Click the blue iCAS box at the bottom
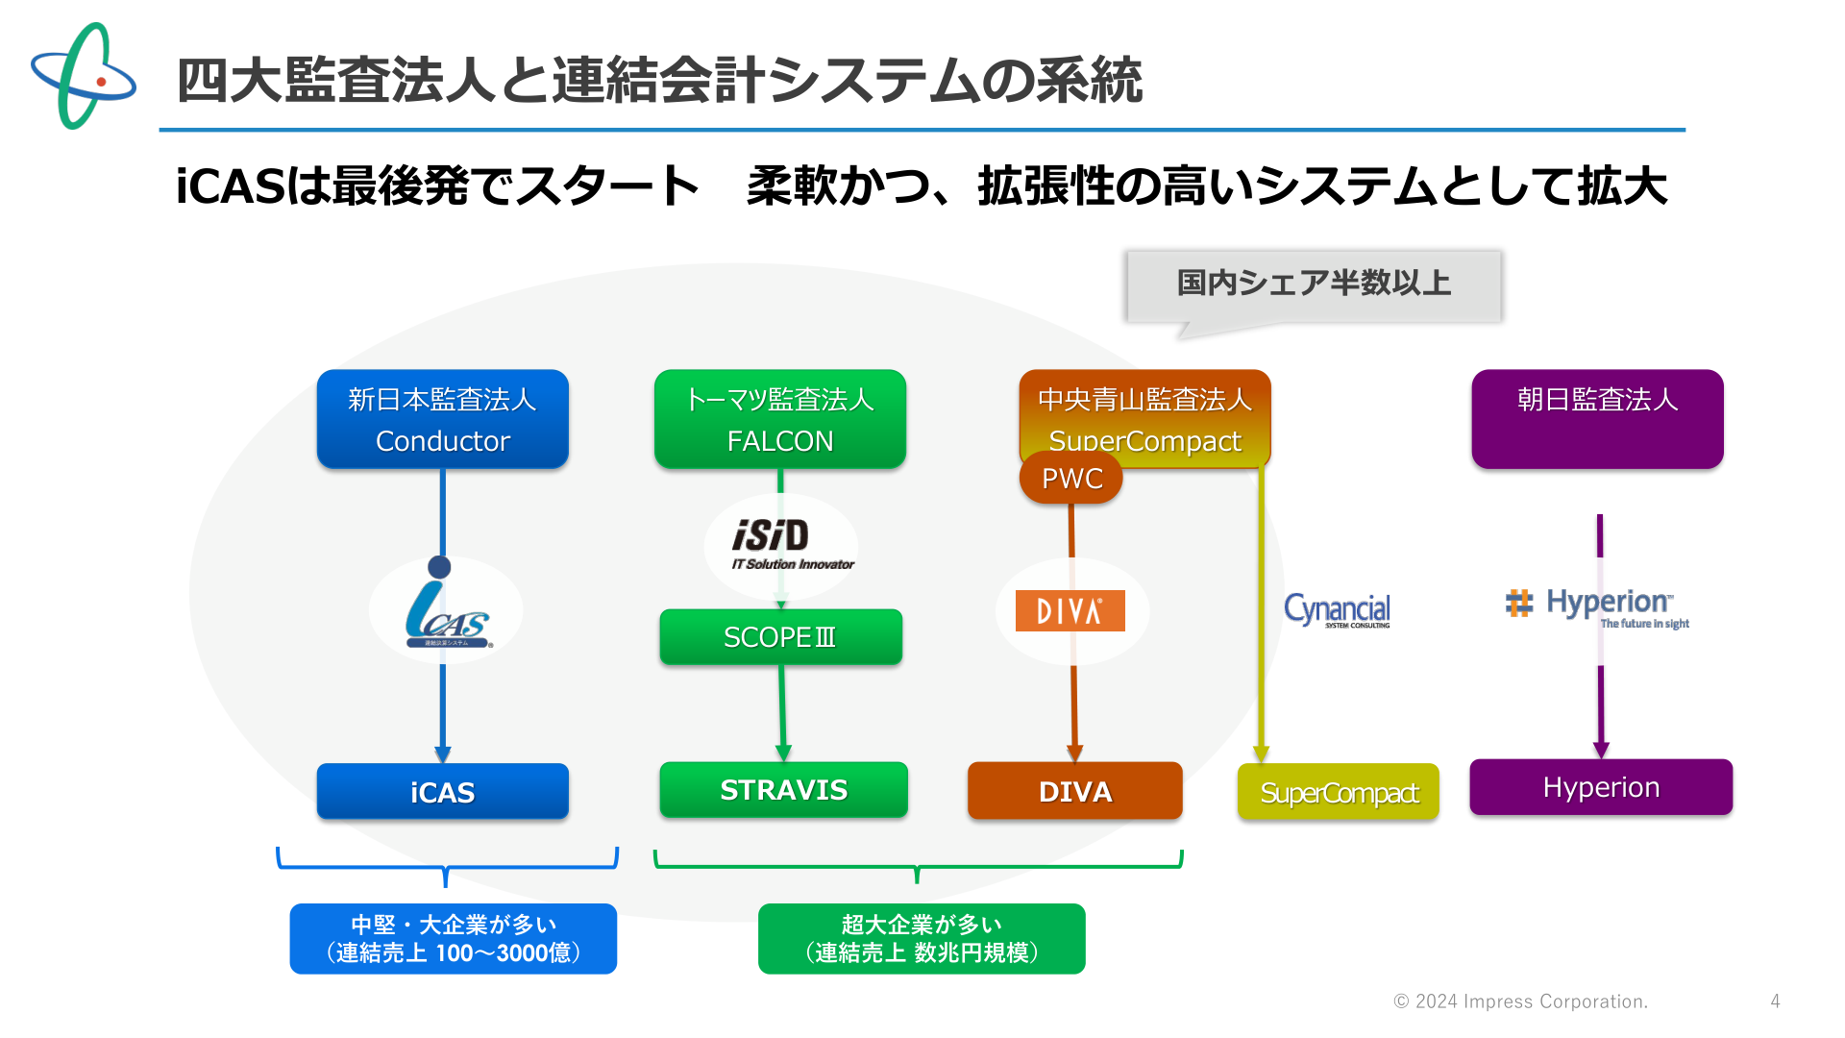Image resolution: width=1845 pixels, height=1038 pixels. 443,791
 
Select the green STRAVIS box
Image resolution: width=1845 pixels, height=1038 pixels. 783,789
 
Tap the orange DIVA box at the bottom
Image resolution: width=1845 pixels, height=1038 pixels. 1075,791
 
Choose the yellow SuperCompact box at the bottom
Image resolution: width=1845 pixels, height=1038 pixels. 1339,792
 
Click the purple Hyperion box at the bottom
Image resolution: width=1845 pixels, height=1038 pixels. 1601,787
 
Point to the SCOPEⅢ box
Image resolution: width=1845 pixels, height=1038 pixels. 780,636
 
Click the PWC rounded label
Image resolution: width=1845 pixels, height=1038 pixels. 1071,478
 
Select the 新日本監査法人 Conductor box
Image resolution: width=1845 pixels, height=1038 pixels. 443,419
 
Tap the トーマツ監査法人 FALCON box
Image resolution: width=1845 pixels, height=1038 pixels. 780,419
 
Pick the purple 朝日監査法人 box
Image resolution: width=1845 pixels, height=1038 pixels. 1597,419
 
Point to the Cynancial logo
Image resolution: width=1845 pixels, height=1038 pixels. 1337,610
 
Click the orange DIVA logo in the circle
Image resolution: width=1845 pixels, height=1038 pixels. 1070,610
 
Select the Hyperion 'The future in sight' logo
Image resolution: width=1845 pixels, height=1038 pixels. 1597,608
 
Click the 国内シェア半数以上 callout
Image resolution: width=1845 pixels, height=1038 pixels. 1314,286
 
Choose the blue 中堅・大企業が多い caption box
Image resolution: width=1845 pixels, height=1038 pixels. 454,938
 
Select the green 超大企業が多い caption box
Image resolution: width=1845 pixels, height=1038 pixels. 922,938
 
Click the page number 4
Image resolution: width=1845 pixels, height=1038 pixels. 1775,1001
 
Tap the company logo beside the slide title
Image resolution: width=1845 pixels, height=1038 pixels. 84,76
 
